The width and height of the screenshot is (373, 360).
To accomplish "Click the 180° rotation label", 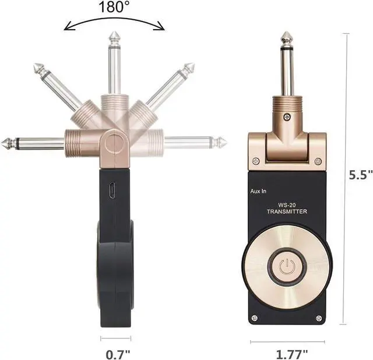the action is (x=114, y=7).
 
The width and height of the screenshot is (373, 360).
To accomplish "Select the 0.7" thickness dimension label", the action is (x=118, y=355).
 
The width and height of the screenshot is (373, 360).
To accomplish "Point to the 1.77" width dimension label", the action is (x=292, y=355).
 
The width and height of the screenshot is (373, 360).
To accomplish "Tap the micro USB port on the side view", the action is (x=111, y=190).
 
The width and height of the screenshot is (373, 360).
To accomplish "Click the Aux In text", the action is (x=258, y=191).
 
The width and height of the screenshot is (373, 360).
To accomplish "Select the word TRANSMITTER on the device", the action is (x=287, y=211).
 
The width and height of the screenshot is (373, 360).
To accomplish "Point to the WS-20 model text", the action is (x=287, y=205).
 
